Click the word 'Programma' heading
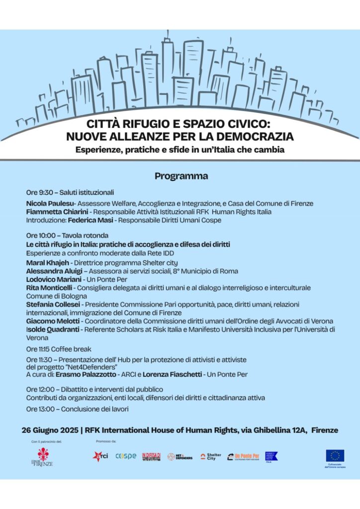181,176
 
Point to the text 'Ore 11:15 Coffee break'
59,349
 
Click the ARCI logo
100,456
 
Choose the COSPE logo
125,456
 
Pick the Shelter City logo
211,456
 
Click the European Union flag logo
335,455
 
